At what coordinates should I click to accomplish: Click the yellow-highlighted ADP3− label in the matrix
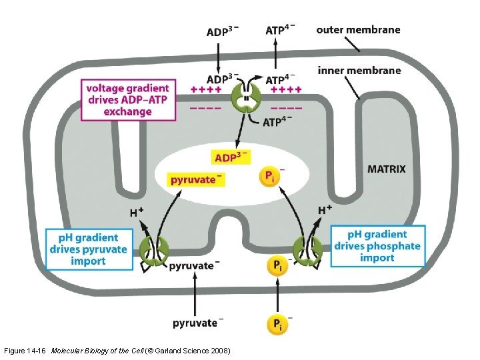(231, 157)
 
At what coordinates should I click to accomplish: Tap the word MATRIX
(386, 169)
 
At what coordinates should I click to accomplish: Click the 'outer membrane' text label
(358, 29)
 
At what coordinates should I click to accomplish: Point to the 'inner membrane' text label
(359, 70)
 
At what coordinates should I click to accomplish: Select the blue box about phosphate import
(377, 246)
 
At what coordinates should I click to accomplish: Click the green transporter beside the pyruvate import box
(154, 250)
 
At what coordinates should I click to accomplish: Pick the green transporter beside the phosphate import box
(308, 250)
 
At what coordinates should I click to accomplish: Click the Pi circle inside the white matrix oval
(269, 177)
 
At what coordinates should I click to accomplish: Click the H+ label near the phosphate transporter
(325, 210)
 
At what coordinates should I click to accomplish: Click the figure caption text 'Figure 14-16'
(25, 351)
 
